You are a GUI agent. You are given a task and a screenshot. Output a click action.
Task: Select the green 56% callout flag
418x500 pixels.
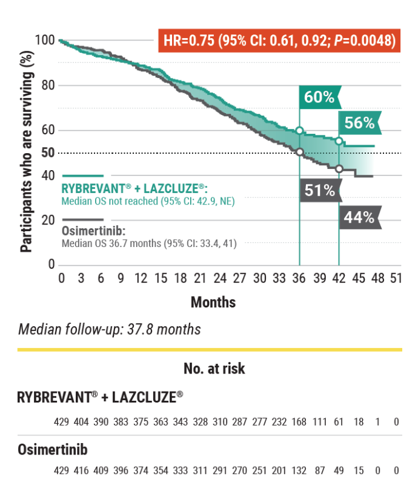(359, 123)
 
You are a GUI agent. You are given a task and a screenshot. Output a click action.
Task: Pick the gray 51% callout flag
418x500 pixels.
(319, 191)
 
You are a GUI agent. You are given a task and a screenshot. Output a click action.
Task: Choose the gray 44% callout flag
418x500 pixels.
(359, 217)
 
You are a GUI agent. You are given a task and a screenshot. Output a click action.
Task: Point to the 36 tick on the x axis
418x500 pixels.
(299, 279)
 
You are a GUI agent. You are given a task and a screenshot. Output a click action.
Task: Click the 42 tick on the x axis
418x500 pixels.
(339, 279)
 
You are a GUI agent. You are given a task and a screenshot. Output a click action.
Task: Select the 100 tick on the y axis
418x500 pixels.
(45, 41)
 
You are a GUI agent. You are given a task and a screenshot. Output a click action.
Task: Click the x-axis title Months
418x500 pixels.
(213, 301)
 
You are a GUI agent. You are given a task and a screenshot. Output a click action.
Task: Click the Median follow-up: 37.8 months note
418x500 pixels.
(109, 329)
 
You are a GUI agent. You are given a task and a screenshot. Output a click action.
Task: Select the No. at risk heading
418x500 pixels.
(214, 368)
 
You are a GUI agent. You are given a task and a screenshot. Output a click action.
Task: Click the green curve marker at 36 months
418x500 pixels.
(299, 131)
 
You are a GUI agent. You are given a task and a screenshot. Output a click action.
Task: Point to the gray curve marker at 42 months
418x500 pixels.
(339, 169)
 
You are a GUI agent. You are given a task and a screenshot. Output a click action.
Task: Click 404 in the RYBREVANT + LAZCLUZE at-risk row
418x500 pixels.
(81, 421)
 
